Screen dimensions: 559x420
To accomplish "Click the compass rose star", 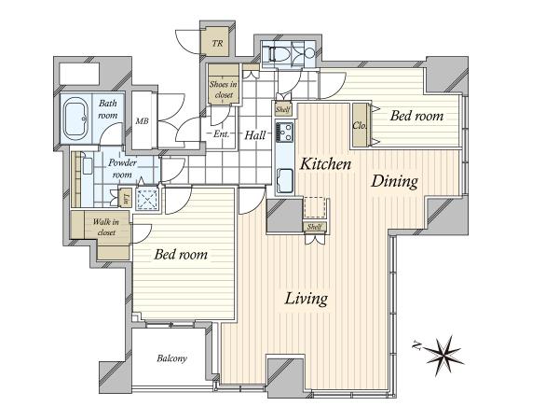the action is pos(443,356).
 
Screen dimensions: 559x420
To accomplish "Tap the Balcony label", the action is pos(171,358).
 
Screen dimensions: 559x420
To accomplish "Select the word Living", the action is pos(307,299).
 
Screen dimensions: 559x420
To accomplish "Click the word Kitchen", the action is pos(325,164).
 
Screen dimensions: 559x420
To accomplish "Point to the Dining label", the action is pos(394,181).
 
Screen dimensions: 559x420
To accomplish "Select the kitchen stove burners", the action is pos(284,132).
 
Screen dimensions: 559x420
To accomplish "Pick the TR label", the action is pos(217,44).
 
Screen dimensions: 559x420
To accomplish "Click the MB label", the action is pos(142,121).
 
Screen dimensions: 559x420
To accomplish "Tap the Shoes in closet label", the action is pos(224,90).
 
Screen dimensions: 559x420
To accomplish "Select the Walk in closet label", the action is pos(106,227).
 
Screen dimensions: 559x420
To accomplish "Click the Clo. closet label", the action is pos(360,126).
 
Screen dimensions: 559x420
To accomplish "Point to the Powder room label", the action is pos(122,169).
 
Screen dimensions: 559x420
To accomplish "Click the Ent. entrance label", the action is pos(222,134).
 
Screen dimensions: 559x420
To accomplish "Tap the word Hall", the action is pos(255,135).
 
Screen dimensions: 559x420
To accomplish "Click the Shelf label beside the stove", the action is pos(283,109).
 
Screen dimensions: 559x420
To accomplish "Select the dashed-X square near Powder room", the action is pos(147,200).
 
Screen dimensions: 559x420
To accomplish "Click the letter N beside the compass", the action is pos(416,345).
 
